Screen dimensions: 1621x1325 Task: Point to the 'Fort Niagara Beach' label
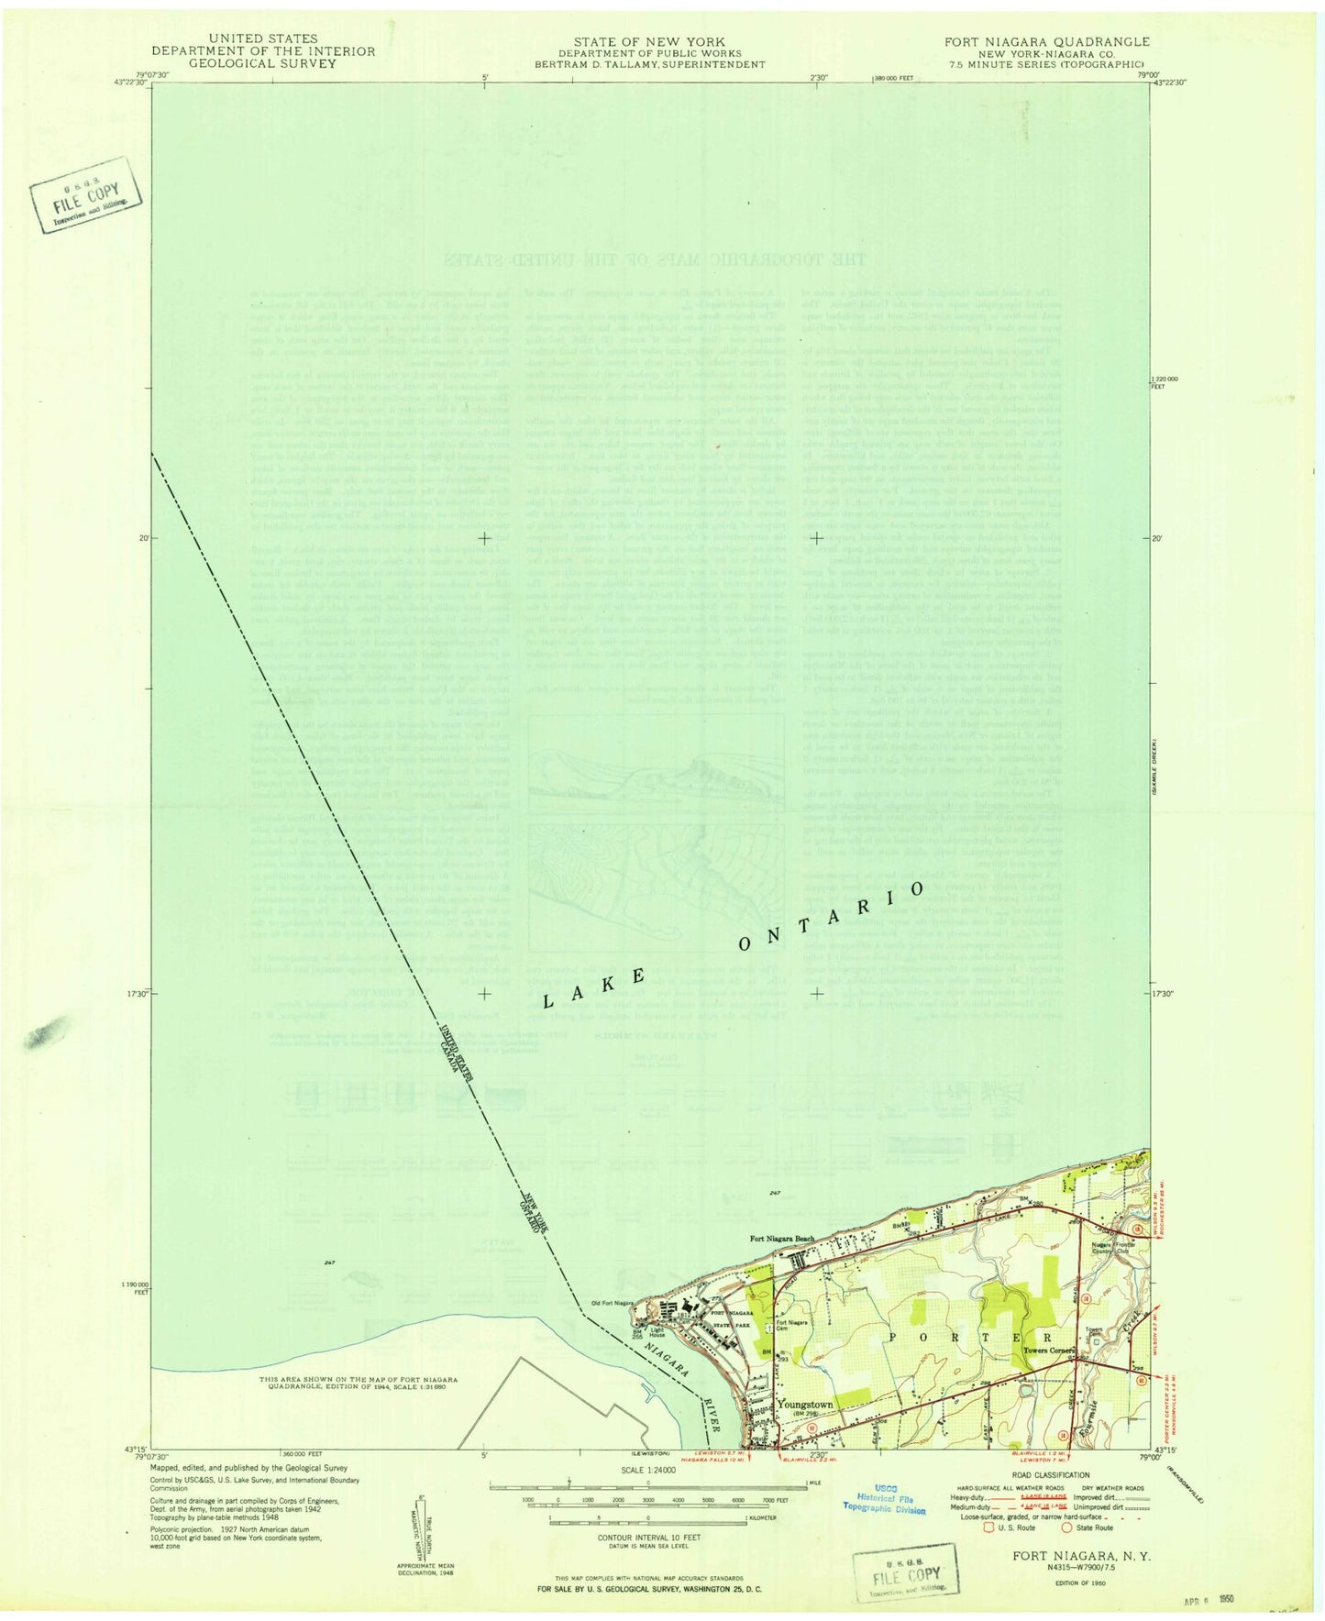(781, 1240)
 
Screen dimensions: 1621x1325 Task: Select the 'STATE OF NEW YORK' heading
(648, 41)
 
